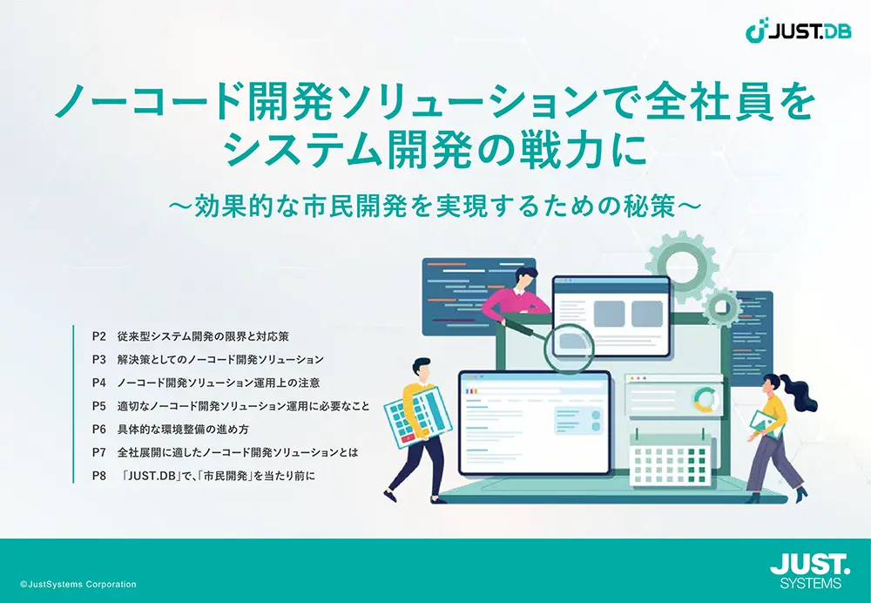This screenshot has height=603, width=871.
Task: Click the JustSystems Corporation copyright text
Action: point(78,584)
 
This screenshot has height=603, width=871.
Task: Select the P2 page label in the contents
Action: point(99,336)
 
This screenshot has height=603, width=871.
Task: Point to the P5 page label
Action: point(99,406)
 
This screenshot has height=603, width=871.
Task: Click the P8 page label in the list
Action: point(99,475)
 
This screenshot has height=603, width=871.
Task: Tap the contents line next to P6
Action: point(183,429)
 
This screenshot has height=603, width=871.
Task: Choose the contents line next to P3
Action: point(220,360)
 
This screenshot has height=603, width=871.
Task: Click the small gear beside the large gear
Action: point(721,307)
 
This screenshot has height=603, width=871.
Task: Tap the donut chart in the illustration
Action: point(706,400)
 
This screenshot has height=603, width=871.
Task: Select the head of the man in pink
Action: point(524,277)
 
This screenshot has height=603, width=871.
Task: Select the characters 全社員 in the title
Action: point(701,104)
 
